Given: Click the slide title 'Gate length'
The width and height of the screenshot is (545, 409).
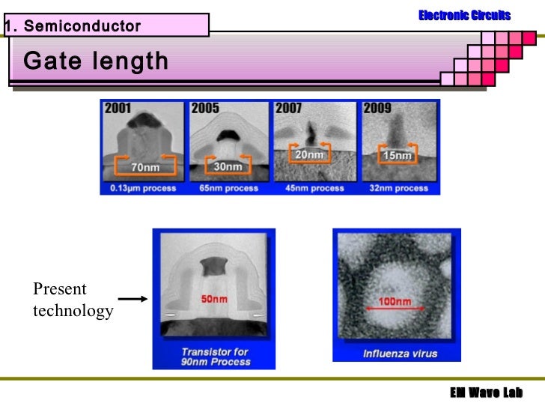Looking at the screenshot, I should coord(96,61).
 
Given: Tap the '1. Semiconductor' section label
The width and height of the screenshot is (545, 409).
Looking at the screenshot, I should coord(73,27).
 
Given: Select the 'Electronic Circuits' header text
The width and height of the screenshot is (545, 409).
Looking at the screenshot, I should coord(464,15).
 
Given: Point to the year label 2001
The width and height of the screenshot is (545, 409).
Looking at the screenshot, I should coord(118,109).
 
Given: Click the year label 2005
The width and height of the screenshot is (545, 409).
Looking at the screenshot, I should coord(205,109).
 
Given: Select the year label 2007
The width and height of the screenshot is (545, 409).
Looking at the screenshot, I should coord(289,109).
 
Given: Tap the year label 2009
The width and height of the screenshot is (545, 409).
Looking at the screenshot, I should coord(377,109).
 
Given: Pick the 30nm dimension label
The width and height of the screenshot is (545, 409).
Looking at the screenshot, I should coord(228,166).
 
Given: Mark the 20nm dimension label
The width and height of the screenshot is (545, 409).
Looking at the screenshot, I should coord(309,155).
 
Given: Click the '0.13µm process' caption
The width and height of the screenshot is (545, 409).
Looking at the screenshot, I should coord(141,188).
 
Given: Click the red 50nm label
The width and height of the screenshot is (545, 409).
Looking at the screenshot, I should coord(214,300).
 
